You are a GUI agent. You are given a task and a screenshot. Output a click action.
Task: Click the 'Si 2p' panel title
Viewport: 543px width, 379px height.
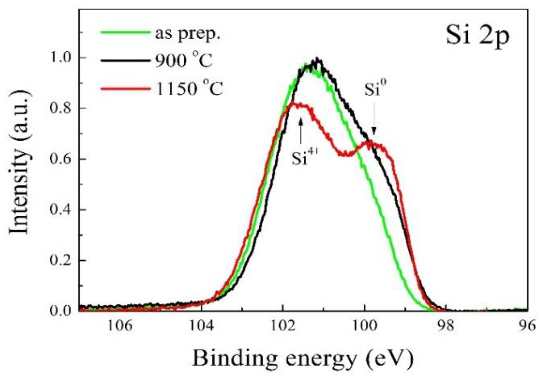477,37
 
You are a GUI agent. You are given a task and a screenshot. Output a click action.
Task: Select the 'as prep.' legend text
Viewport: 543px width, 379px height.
187,34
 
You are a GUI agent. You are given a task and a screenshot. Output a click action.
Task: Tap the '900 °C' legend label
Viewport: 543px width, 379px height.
184,61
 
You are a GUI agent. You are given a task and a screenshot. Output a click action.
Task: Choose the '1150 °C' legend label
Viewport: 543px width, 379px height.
189,88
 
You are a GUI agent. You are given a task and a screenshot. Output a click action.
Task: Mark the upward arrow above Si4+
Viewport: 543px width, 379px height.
301,131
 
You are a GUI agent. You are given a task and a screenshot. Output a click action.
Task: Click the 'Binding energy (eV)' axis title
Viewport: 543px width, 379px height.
303,358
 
